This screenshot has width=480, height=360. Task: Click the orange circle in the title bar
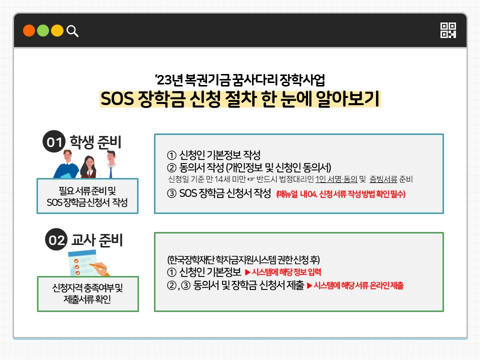tap(29, 30)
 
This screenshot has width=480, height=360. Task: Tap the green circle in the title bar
tap(43, 30)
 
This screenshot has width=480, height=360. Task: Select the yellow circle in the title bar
tap(57, 30)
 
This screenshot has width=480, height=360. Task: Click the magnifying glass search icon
tap(72, 31)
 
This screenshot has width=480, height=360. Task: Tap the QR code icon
tap(448, 30)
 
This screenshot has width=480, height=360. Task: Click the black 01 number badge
tap(54, 141)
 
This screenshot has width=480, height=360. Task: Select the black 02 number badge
tap(56, 239)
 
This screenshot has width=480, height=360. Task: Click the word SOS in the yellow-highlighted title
tap(117, 99)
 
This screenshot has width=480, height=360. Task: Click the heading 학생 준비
tap(95, 142)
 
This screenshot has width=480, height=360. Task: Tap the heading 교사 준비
tap(96, 239)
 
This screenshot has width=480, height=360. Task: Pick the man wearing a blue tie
tap(111, 164)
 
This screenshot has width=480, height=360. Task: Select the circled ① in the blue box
tap(171, 155)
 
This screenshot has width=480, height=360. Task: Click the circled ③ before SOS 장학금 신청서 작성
tap(171, 193)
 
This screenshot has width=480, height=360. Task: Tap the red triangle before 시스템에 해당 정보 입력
tap(247, 272)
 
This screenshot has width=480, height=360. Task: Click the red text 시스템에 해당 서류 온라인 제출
tap(358, 285)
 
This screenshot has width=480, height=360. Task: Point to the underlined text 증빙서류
tap(383, 179)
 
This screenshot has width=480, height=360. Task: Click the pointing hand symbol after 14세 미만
tap(251, 179)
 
